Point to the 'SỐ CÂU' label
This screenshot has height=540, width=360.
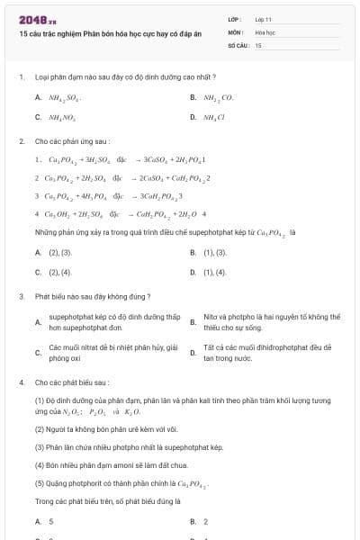[x=237, y=44]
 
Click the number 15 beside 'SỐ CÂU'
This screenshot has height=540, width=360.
[x=258, y=44]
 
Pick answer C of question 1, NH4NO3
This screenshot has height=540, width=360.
[x=62, y=117]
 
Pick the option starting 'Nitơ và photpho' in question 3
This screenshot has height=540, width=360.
[x=270, y=322]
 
